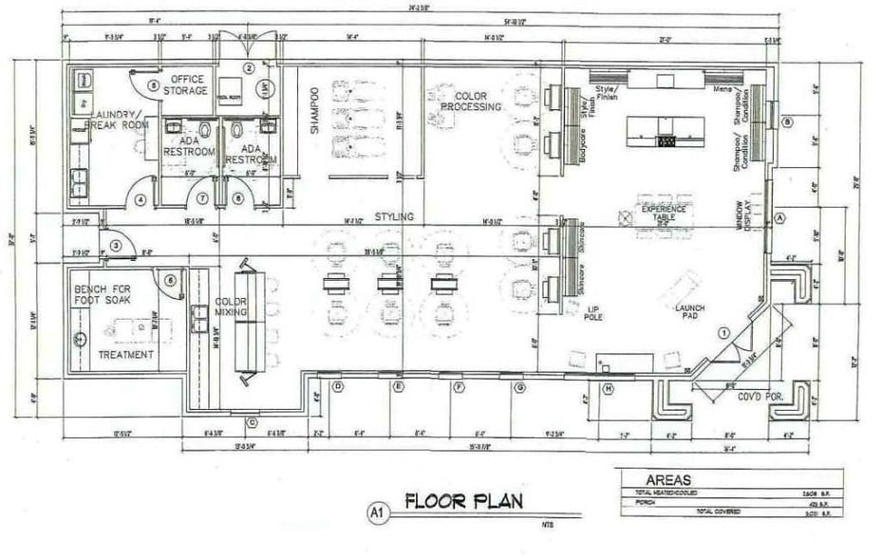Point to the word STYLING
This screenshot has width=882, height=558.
point(393,217)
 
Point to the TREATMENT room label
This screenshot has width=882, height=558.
point(125,355)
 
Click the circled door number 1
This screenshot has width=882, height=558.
point(723,332)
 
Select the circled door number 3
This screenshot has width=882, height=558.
point(115,246)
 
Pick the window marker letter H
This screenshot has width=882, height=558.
point(607,388)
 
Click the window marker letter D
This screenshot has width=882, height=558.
point(337,387)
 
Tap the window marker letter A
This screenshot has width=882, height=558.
point(779,217)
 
